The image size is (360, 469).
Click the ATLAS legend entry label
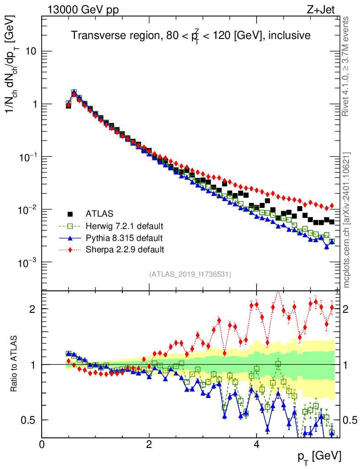pyautogui.click(x=99, y=213)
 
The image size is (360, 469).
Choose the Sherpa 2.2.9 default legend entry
pyautogui.click(x=125, y=250)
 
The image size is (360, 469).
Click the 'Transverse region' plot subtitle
pyautogui.click(x=191, y=35)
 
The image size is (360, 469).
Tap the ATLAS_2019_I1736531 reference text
pyautogui.click(x=190, y=274)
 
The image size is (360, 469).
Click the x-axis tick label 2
pyautogui.click(x=149, y=444)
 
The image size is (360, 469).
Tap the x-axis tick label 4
pyautogui.click(x=256, y=444)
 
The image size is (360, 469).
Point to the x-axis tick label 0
pyautogui.click(x=42, y=444)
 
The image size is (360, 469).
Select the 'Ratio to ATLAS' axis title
pyautogui.click(x=15, y=364)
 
